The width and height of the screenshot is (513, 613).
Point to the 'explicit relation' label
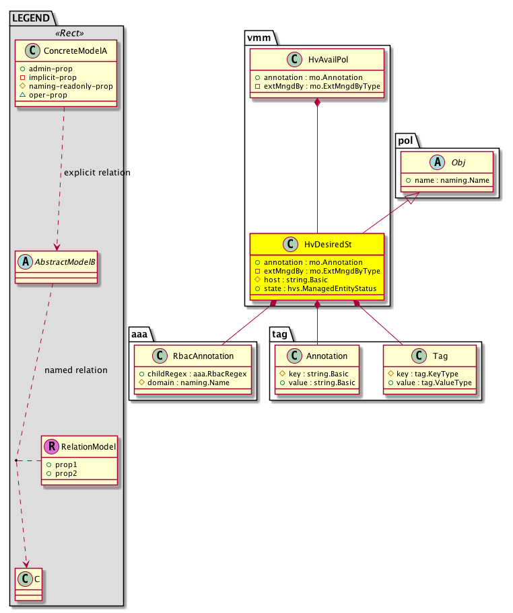click(x=97, y=173)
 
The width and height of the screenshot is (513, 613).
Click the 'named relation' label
click(x=75, y=370)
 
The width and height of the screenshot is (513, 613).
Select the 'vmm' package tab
click(x=257, y=38)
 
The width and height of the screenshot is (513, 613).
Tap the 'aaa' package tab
click(x=139, y=333)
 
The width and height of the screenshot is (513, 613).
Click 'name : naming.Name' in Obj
click(x=449, y=181)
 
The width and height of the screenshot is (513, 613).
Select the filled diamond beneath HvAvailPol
click(x=317, y=102)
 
